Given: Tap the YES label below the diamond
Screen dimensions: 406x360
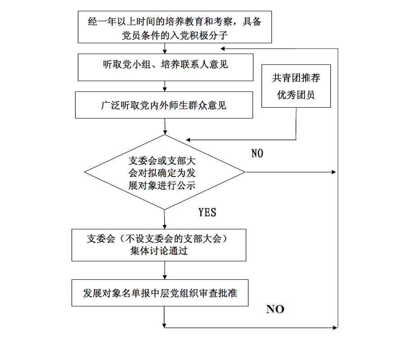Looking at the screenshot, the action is click(207, 212).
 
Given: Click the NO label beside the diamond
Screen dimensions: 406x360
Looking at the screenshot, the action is click(257, 153).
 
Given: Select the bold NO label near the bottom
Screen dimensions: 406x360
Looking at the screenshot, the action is click(275, 309).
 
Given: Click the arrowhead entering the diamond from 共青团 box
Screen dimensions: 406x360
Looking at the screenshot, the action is click(188, 140).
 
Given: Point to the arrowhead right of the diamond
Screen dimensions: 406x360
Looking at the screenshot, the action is click(334, 172).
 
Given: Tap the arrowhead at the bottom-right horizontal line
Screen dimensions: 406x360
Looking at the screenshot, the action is click(335, 328).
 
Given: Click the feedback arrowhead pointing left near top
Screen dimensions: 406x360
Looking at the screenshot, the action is click(223, 48).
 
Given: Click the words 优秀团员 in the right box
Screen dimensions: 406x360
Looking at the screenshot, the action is click(296, 95).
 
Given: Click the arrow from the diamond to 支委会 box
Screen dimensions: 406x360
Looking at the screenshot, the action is click(164, 219).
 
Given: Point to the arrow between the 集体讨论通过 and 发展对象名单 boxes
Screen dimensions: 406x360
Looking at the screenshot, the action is click(165, 270).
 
